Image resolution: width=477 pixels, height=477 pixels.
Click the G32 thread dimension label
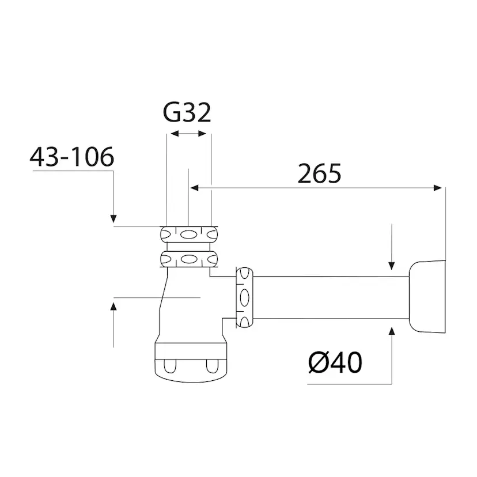point(187,112)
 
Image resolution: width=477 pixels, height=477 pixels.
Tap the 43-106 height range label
point(72,157)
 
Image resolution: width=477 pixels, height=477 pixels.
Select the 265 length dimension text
point(319,173)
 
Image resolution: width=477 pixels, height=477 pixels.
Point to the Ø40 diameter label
point(335,363)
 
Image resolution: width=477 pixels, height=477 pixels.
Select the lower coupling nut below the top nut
point(189,259)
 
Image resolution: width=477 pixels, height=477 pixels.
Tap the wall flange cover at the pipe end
point(427,297)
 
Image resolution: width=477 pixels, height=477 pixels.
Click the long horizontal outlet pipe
point(331,297)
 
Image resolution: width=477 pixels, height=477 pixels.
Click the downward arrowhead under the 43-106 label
point(113,218)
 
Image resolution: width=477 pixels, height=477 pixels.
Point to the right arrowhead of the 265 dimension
point(439,187)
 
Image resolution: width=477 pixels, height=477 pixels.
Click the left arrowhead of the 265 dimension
point(195,187)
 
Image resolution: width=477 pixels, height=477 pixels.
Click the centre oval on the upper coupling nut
point(189,234)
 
